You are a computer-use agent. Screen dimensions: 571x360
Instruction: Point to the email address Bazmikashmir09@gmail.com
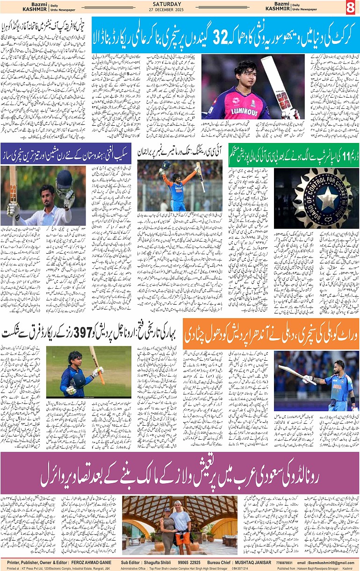click(x=331, y=562)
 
